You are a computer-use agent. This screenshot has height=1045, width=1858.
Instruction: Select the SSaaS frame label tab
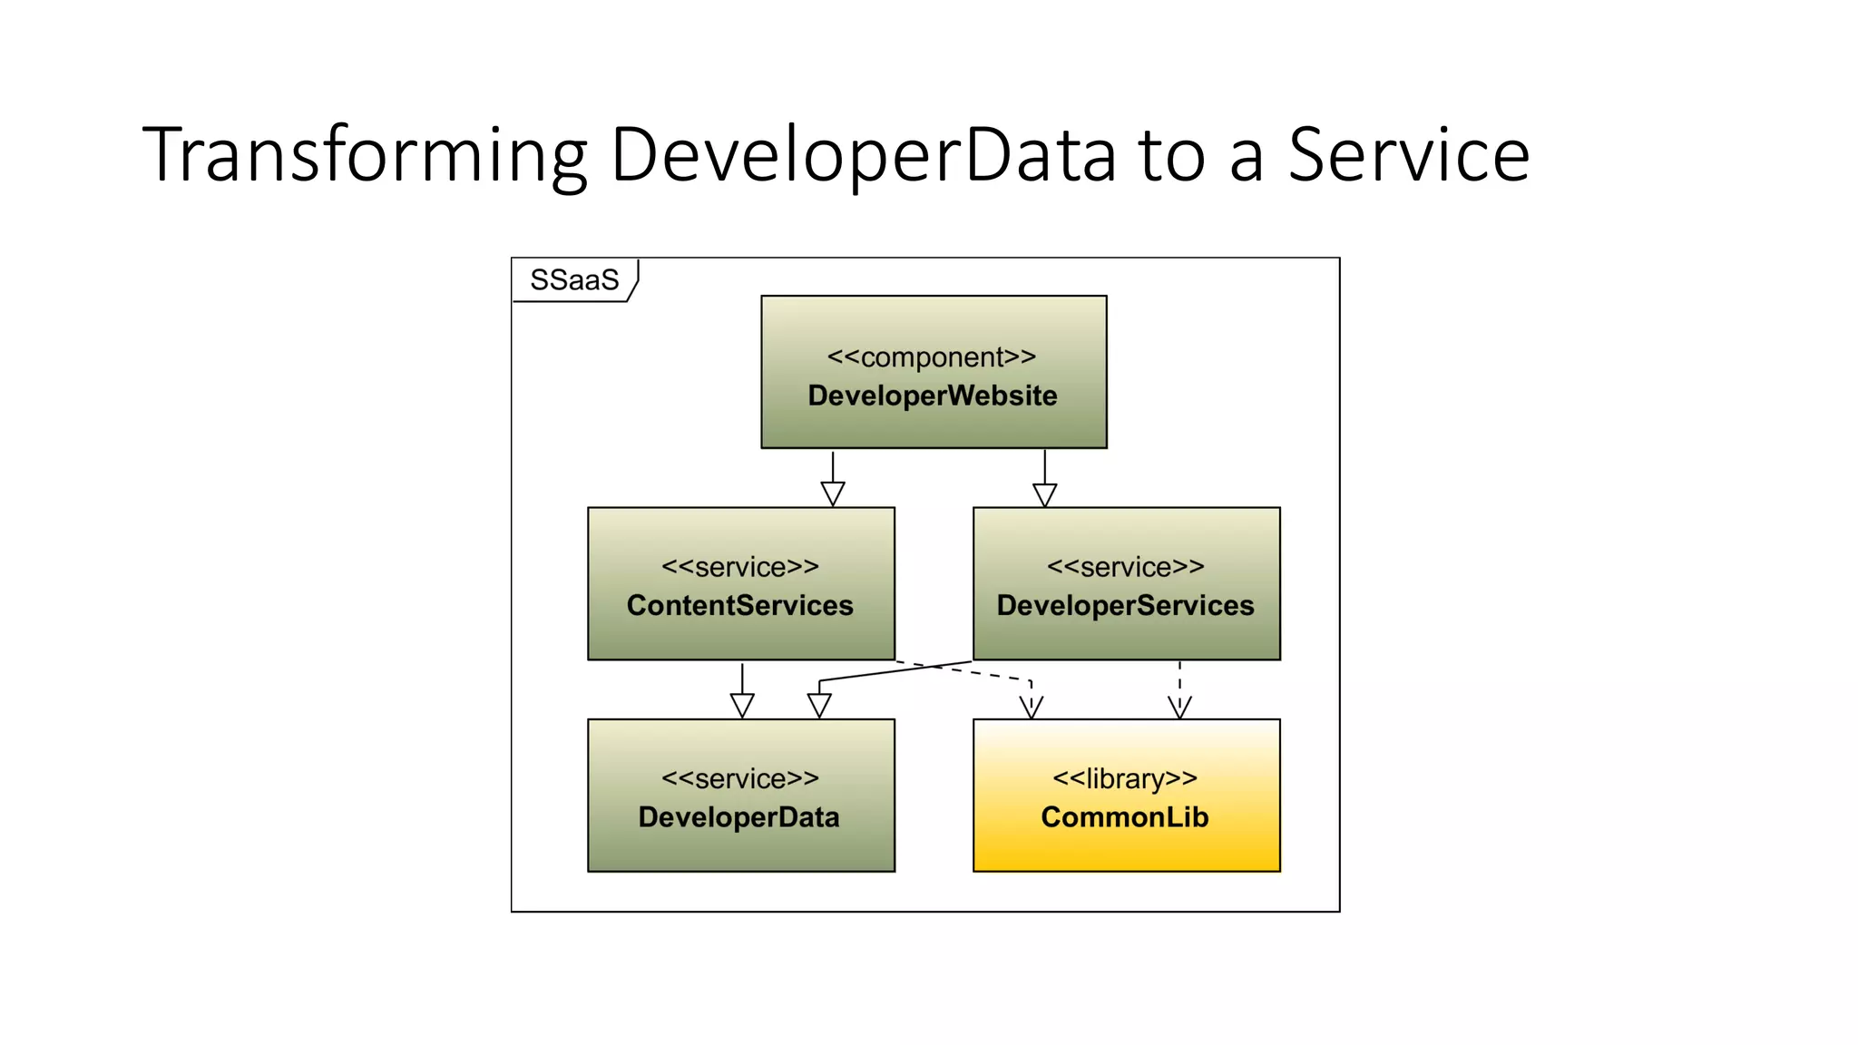click(574, 280)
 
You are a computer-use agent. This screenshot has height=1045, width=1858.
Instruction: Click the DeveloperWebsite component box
click(933, 426)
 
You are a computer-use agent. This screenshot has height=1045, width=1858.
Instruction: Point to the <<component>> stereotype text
click(932, 357)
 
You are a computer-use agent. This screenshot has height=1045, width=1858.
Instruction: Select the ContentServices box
click(740, 635)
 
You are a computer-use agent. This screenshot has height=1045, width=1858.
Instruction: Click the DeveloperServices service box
click(1126, 635)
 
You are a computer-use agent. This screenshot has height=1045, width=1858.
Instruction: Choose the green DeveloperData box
click(740, 848)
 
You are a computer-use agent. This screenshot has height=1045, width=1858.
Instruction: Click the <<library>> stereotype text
click(1125, 778)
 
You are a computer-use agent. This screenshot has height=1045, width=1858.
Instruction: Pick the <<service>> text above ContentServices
click(740, 567)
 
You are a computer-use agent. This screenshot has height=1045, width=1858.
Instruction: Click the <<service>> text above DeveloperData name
click(740, 778)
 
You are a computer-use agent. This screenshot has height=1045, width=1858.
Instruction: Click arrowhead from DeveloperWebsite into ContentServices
click(833, 494)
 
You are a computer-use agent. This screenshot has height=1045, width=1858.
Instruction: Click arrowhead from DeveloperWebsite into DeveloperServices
click(1045, 495)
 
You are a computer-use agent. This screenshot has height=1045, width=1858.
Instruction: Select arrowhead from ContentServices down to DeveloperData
click(742, 706)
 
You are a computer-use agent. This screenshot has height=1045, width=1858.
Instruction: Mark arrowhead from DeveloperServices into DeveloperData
click(819, 706)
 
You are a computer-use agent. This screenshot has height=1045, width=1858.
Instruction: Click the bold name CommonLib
click(1125, 817)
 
